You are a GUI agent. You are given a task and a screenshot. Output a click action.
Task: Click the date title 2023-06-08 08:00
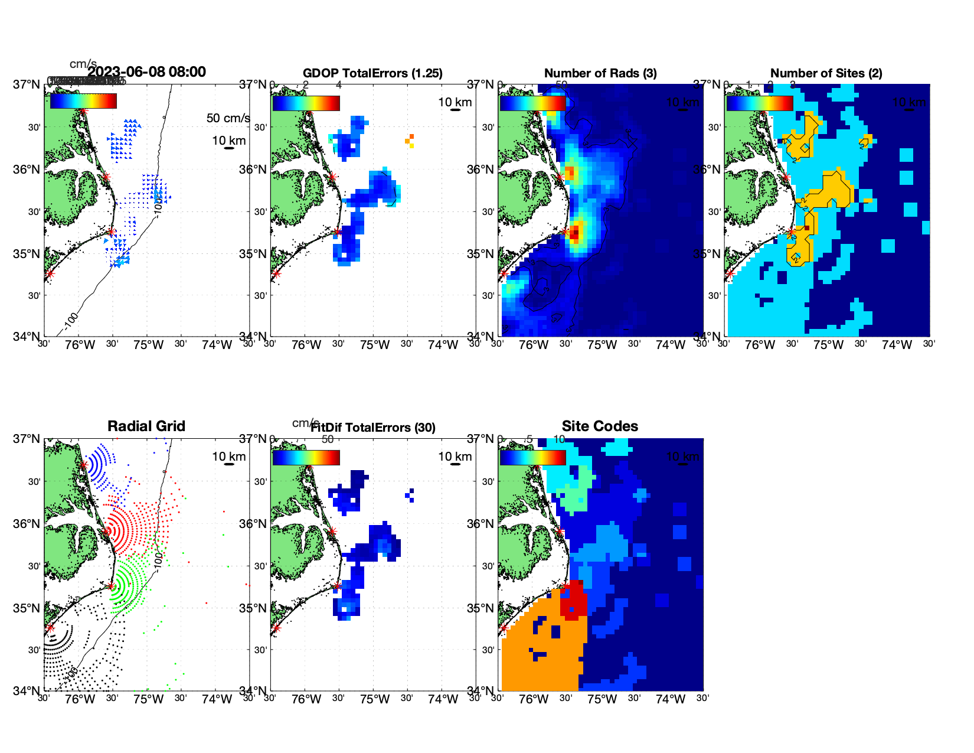coord(146,72)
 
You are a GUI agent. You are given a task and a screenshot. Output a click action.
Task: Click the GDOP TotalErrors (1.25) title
coord(372,73)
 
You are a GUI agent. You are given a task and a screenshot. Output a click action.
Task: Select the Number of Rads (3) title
coord(600,73)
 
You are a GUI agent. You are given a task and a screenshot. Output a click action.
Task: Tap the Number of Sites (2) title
coord(826,73)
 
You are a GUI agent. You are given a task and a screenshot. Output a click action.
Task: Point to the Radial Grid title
coord(146,426)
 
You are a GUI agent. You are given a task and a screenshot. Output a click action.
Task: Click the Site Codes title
coord(600,426)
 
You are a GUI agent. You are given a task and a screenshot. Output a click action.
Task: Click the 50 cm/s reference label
coord(228,118)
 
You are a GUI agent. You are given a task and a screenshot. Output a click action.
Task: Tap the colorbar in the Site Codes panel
coord(532,458)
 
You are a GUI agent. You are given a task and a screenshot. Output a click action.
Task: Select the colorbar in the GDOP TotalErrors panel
coord(306,103)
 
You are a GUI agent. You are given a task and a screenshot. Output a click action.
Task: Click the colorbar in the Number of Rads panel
coord(532,103)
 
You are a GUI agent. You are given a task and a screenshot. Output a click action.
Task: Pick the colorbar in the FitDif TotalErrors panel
coord(306,458)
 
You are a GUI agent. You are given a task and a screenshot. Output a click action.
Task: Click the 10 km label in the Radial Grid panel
coord(228,457)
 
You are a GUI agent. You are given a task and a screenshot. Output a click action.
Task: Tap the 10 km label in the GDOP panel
coord(455,102)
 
